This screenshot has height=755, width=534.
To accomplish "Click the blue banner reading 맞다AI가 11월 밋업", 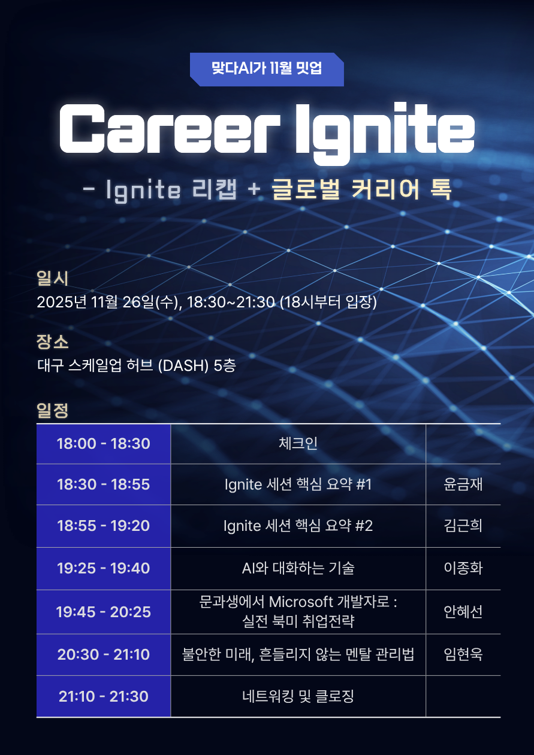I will point(267,68).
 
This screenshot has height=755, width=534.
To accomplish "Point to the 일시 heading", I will point(53,278).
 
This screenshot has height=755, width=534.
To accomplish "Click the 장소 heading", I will point(53,343).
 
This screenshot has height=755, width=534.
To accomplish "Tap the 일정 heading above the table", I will point(53,410).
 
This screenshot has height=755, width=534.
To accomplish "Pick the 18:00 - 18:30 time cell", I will point(104,444).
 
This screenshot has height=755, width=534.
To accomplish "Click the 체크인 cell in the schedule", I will point(298,444).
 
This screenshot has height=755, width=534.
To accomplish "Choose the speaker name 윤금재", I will point(463,484).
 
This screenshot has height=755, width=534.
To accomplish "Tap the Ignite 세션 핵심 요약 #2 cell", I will point(298,526).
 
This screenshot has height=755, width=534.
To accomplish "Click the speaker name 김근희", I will point(463,526).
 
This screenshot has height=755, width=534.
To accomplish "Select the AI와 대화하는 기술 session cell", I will point(298,568).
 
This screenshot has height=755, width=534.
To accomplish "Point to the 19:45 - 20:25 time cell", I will point(104,612).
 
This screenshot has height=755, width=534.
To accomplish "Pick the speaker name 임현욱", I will point(463,654).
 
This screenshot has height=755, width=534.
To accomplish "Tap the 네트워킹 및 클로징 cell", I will point(298,696).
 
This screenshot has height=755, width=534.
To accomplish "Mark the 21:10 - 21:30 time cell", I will point(104,696).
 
